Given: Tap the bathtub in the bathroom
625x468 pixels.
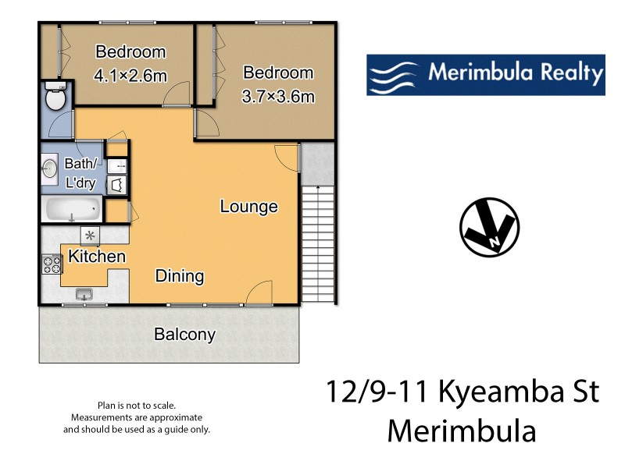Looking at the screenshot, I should (71, 209).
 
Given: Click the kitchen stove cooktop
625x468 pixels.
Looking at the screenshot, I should (52, 264).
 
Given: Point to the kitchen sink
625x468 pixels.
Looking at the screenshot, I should (84, 293).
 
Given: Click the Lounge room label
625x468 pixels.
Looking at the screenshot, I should (248, 207).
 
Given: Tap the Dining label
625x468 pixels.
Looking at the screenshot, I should (180, 275).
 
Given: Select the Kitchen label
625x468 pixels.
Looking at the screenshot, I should (97, 256).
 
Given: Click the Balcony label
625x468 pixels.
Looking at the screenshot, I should (184, 335).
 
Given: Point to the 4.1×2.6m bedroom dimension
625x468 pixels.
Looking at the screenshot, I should (130, 76).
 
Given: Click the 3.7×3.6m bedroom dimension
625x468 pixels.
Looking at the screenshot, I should (279, 97).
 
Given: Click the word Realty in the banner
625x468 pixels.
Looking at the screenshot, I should (570, 74).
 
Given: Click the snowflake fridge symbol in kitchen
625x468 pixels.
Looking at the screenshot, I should (90, 235).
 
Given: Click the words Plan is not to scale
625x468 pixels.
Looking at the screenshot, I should (137, 406).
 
